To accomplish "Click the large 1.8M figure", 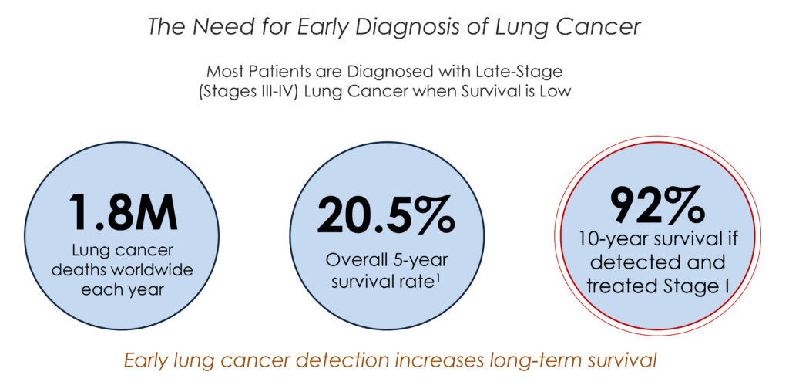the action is [123, 211].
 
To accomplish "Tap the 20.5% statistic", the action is [386, 216].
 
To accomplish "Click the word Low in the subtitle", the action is [557, 92].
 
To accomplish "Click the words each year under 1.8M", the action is [123, 290].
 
